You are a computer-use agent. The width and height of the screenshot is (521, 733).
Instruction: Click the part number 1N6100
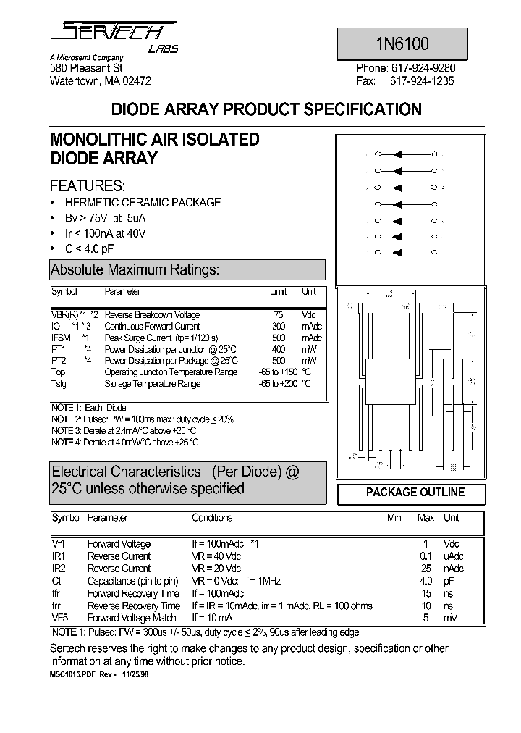point(411,43)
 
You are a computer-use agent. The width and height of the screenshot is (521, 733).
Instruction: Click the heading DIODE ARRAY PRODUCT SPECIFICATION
point(266,110)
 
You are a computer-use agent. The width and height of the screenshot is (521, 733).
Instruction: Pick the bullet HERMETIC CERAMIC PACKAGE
point(143,203)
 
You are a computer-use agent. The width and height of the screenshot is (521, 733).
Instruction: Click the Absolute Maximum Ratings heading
point(135,270)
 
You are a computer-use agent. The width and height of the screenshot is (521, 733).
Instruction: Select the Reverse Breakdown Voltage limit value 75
point(278,315)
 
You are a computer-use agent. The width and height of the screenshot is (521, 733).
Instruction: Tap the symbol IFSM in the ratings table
point(61,338)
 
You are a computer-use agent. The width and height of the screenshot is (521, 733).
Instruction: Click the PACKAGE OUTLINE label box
point(415,493)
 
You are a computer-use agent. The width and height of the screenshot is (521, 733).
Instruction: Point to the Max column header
point(426,518)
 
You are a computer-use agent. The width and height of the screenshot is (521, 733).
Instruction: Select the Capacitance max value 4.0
point(426,581)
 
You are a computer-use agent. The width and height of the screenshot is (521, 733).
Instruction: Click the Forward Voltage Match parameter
point(132,618)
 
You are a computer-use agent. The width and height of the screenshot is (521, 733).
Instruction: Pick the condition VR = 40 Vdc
point(216,556)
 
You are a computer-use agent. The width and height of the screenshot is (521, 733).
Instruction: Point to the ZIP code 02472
point(137,81)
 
